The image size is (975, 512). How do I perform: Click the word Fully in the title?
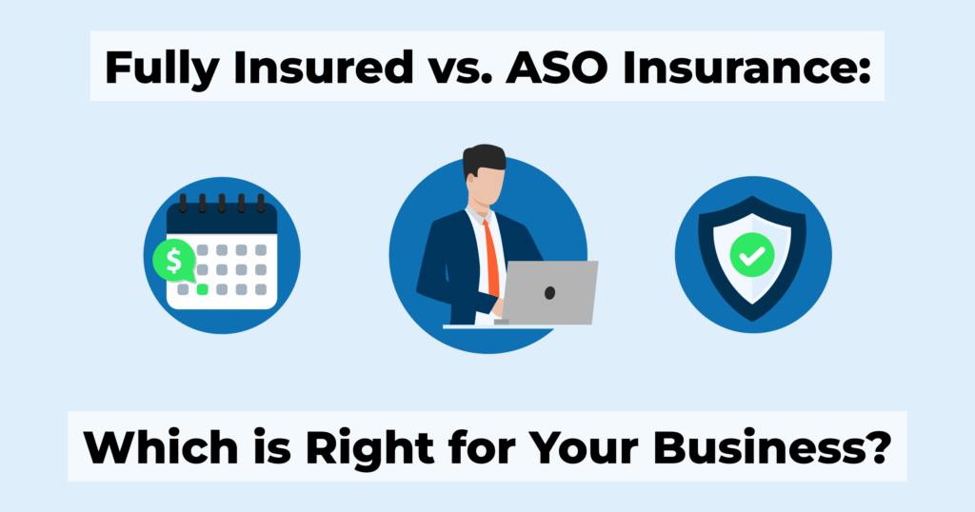(161, 68)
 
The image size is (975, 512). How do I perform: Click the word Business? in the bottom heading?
(772, 446)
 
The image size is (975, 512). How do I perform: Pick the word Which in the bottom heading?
(160, 446)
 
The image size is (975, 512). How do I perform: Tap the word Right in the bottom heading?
(370, 448)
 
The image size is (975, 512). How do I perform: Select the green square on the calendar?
(202, 289)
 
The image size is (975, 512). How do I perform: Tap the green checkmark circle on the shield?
(752, 255)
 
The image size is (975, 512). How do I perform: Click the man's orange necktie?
(492, 259)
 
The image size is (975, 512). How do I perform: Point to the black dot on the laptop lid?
(549, 293)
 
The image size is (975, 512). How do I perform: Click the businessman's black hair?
(483, 159)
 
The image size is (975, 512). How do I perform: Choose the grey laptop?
(548, 293)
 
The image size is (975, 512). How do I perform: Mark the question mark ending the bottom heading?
(880, 446)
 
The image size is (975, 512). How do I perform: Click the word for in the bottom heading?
(480, 446)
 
